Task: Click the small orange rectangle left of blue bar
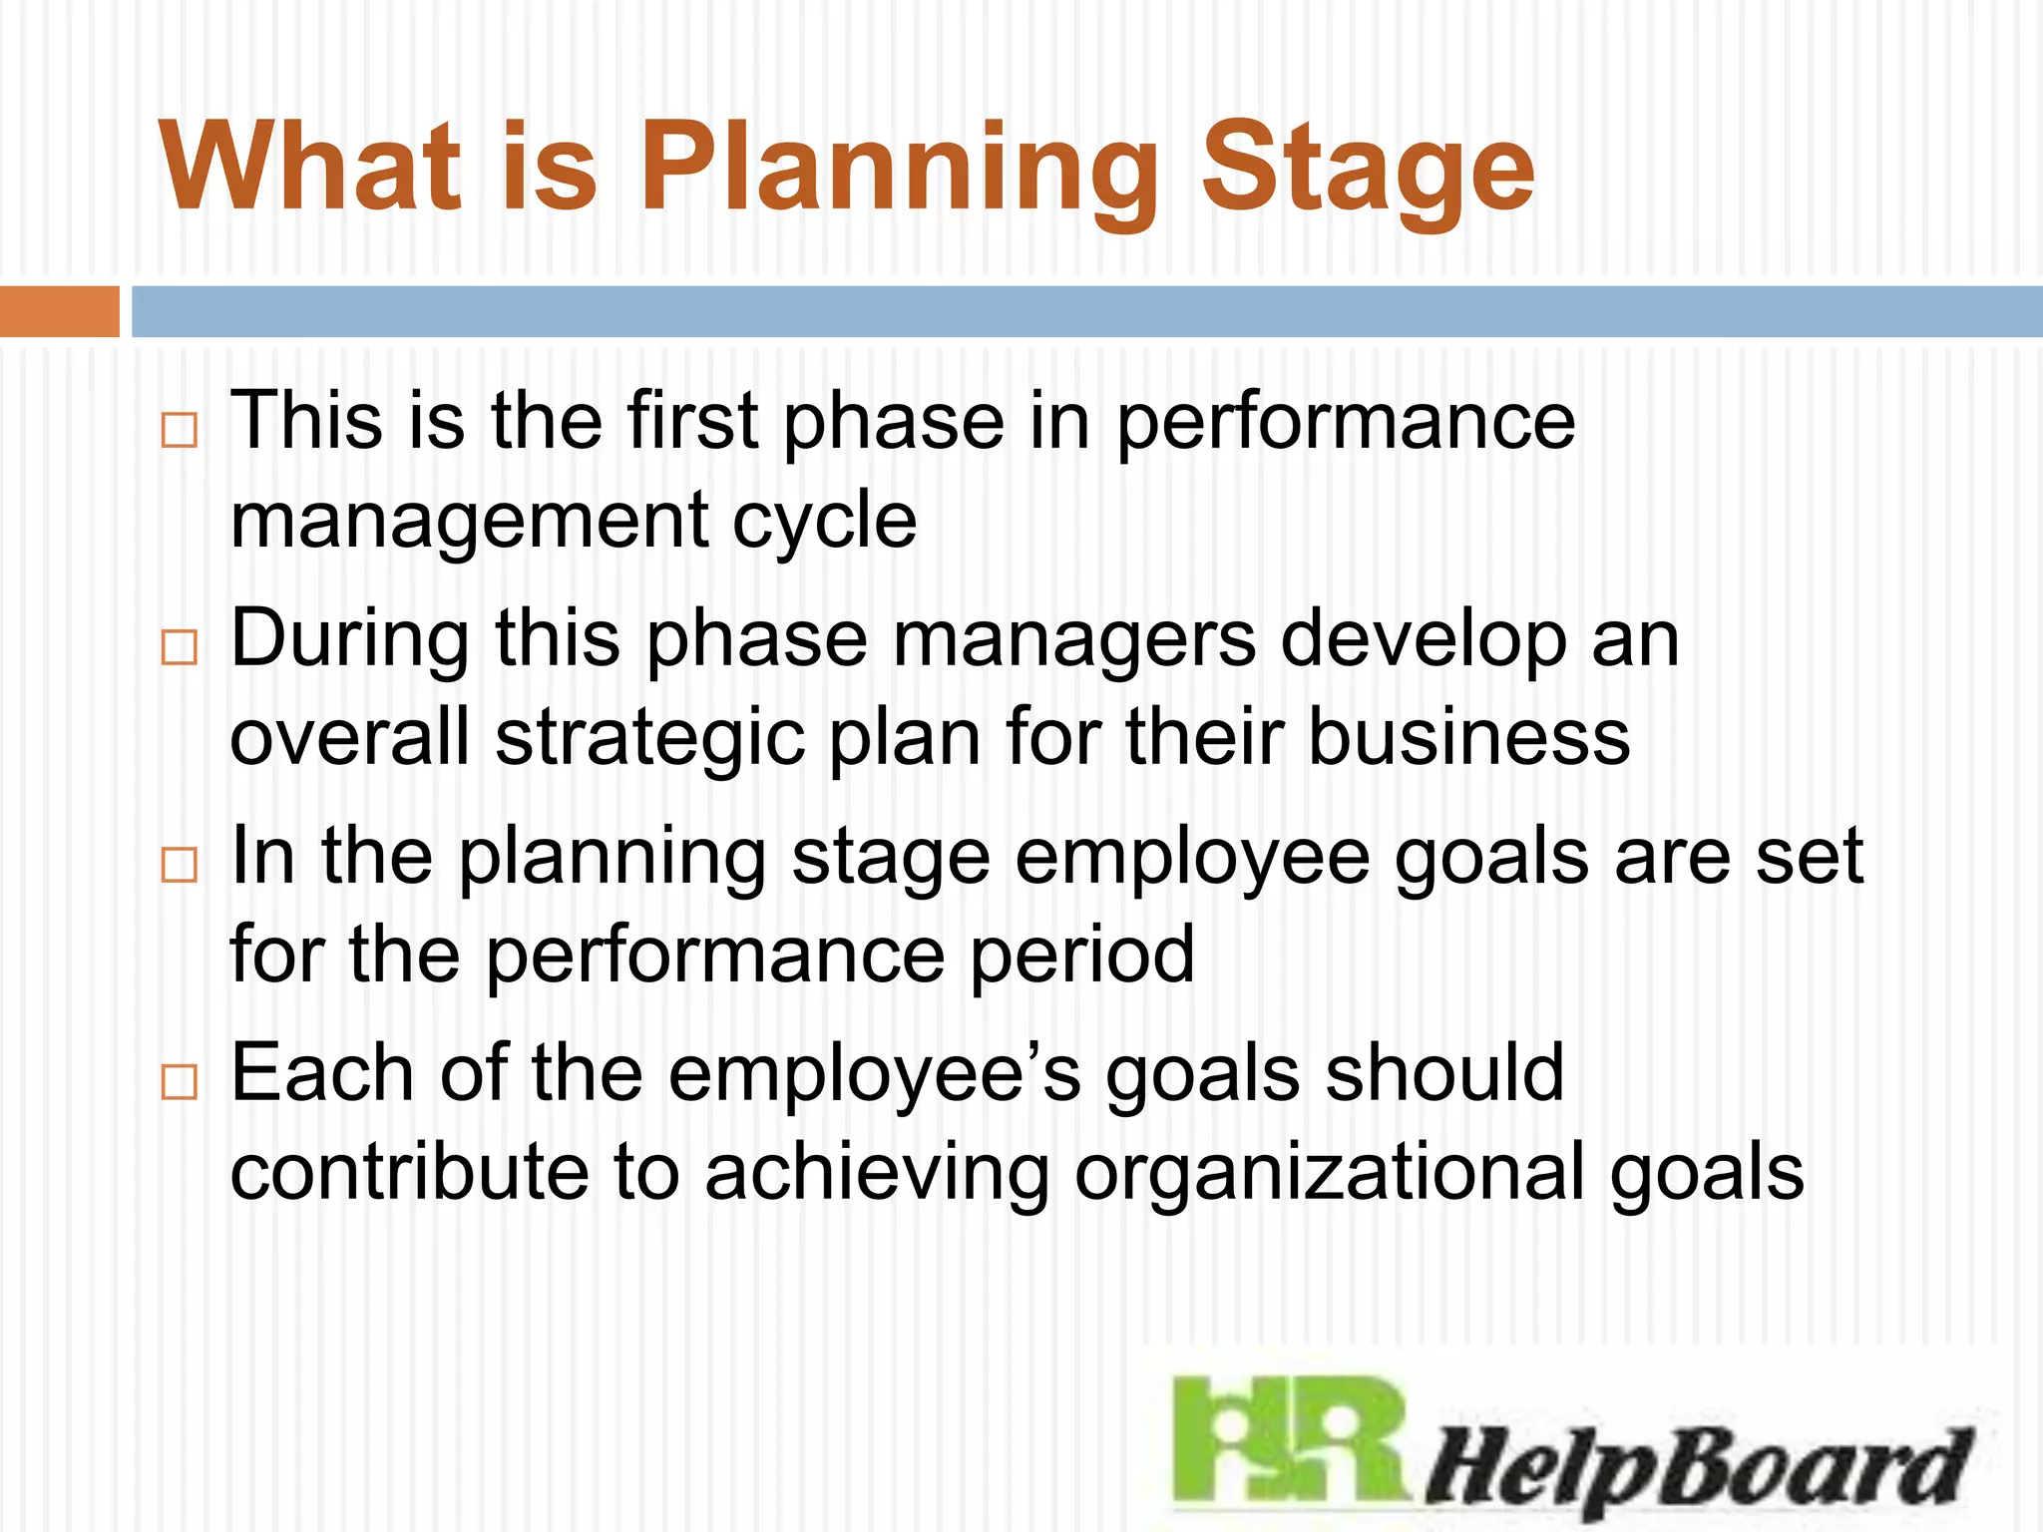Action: click(59, 311)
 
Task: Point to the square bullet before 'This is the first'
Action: click(179, 430)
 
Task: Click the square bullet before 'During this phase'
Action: click(179, 647)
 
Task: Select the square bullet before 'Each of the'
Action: click(179, 1081)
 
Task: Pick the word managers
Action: click(1073, 639)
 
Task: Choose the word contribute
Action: click(409, 1172)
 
